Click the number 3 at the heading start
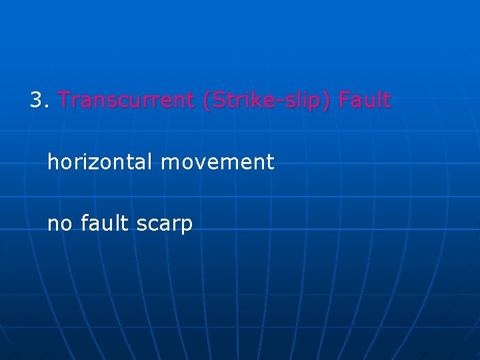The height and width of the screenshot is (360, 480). pyautogui.click(x=36, y=101)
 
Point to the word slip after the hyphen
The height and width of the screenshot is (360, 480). pyautogui.click(x=297, y=101)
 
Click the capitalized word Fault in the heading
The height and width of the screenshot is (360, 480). pyautogui.click(x=365, y=101)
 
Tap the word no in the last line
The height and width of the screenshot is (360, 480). pyautogui.click(x=60, y=224)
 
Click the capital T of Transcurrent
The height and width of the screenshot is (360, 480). pyautogui.click(x=64, y=101)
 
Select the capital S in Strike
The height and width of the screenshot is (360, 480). pyautogui.click(x=218, y=101)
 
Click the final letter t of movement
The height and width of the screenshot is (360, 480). pyautogui.click(x=271, y=162)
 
